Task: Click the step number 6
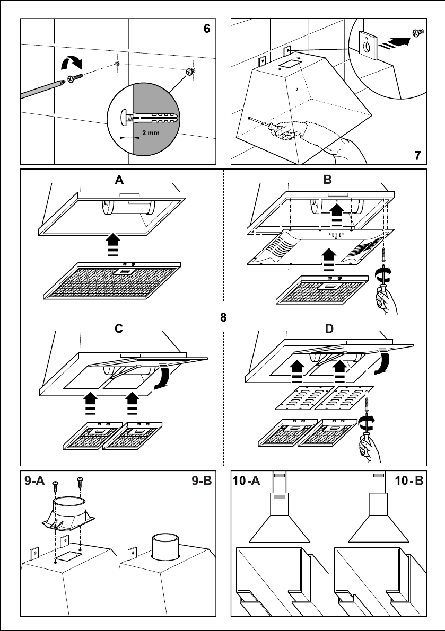click(207, 29)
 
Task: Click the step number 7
click(418, 155)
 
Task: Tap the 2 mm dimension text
click(151, 133)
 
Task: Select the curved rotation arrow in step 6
click(71, 62)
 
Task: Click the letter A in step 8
click(119, 180)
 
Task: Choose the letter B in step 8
click(327, 180)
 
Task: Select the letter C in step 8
click(119, 329)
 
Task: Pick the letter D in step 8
click(329, 329)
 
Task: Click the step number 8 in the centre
click(223, 317)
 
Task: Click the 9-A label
click(34, 481)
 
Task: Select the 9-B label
click(202, 481)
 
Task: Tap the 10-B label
click(409, 481)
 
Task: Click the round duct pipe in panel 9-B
click(166, 546)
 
